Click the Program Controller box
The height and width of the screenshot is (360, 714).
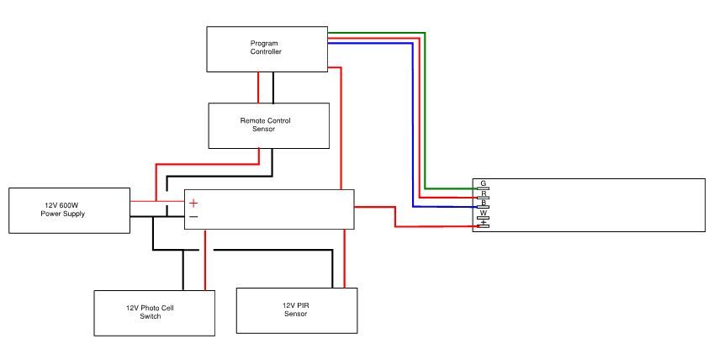(267, 48)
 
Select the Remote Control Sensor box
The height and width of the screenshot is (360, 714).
(269, 124)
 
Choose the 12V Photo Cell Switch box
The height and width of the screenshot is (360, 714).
(154, 312)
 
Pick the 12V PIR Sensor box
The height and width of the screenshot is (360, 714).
(297, 310)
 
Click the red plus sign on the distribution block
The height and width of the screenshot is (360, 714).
(193, 203)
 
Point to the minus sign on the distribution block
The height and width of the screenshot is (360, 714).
(193, 217)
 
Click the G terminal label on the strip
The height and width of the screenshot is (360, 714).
(484, 183)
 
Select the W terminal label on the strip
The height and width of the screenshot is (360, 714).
(484, 214)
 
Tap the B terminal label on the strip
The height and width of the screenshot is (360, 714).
(484, 204)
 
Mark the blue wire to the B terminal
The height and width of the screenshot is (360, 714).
(412, 126)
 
